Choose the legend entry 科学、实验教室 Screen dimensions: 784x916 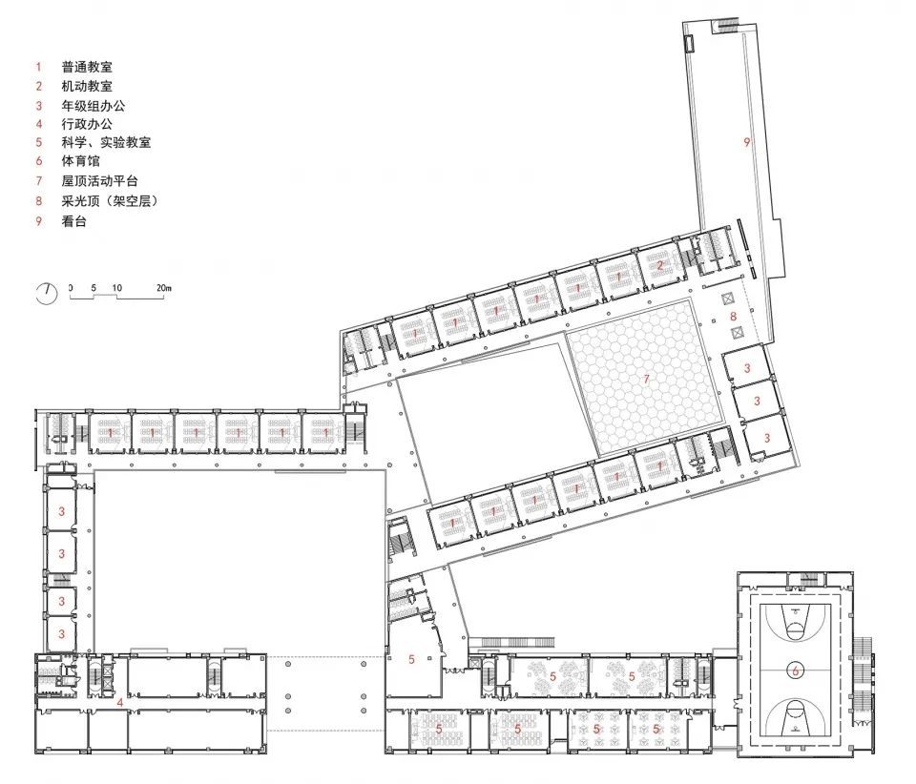106,143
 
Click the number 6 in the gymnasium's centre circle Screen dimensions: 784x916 795,671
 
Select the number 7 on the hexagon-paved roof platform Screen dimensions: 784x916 646,380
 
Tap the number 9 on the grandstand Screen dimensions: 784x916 747,142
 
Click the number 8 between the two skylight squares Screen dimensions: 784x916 733,316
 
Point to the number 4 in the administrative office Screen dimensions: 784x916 119,703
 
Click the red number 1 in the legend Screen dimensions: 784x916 38,68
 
